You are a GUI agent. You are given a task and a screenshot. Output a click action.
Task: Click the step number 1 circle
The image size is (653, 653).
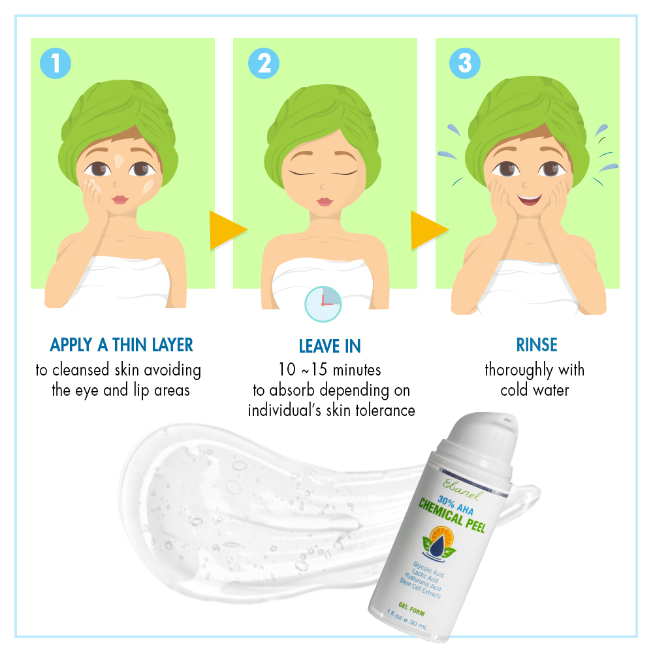pyautogui.click(x=56, y=63)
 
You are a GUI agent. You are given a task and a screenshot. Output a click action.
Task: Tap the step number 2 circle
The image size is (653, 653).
pyautogui.click(x=264, y=63)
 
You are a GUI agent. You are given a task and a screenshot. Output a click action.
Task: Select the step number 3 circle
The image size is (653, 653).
pyautogui.click(x=465, y=63)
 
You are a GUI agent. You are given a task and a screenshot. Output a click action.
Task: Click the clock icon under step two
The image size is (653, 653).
pyautogui.click(x=323, y=304)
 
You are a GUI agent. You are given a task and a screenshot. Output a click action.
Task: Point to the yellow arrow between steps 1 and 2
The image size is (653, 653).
pyautogui.click(x=228, y=231)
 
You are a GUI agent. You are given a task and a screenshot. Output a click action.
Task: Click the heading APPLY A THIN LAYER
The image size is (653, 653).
pyautogui.click(x=121, y=345)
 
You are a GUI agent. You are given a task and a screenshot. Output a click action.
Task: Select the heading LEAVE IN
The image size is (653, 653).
pyautogui.click(x=330, y=346)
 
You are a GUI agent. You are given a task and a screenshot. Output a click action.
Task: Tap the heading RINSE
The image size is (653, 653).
pyautogui.click(x=536, y=345)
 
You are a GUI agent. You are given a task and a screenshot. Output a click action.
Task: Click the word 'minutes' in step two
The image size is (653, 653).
pyautogui.click(x=357, y=370)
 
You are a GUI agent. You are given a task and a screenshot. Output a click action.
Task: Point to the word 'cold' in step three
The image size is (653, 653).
pyautogui.click(x=514, y=390)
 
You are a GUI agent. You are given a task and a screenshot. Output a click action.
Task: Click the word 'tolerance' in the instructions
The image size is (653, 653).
pyautogui.click(x=385, y=411)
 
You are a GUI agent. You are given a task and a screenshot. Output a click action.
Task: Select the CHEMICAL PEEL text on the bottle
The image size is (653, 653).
pyautogui.click(x=452, y=515)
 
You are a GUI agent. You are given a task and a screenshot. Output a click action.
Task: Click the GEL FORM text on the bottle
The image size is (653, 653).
pyautogui.click(x=411, y=609)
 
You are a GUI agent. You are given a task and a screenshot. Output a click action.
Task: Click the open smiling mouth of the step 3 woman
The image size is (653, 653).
pyautogui.click(x=530, y=199)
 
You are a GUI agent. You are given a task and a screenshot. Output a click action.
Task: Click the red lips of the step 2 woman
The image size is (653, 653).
pyautogui.click(x=325, y=202)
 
